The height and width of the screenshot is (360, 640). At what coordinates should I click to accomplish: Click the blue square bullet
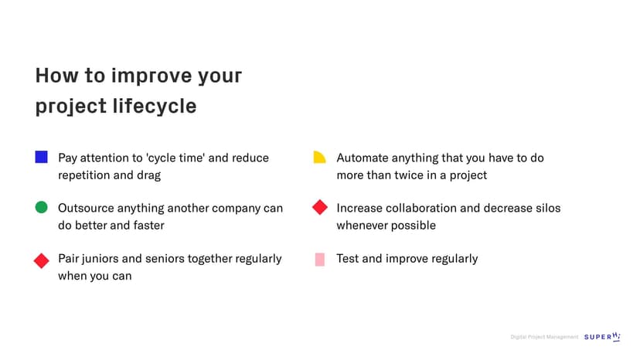41,157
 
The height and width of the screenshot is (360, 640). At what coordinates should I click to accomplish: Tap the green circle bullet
41,207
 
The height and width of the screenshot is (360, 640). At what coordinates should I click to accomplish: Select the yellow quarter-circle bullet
319,157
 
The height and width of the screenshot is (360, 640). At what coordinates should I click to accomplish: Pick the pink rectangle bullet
319,259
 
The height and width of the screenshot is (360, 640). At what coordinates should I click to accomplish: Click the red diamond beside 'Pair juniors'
41,261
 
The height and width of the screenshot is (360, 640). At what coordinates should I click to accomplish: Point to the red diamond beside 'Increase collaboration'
320,207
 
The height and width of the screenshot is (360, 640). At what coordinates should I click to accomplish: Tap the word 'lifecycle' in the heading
155,106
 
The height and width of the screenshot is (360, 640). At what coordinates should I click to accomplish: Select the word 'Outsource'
86,208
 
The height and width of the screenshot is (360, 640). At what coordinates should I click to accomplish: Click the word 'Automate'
363,158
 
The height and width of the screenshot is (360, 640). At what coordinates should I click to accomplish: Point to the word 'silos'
548,208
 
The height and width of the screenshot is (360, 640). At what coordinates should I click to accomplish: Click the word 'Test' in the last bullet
347,259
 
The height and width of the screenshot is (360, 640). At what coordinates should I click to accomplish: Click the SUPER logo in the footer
602,337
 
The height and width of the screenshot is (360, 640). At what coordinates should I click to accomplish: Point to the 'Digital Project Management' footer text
544,337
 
